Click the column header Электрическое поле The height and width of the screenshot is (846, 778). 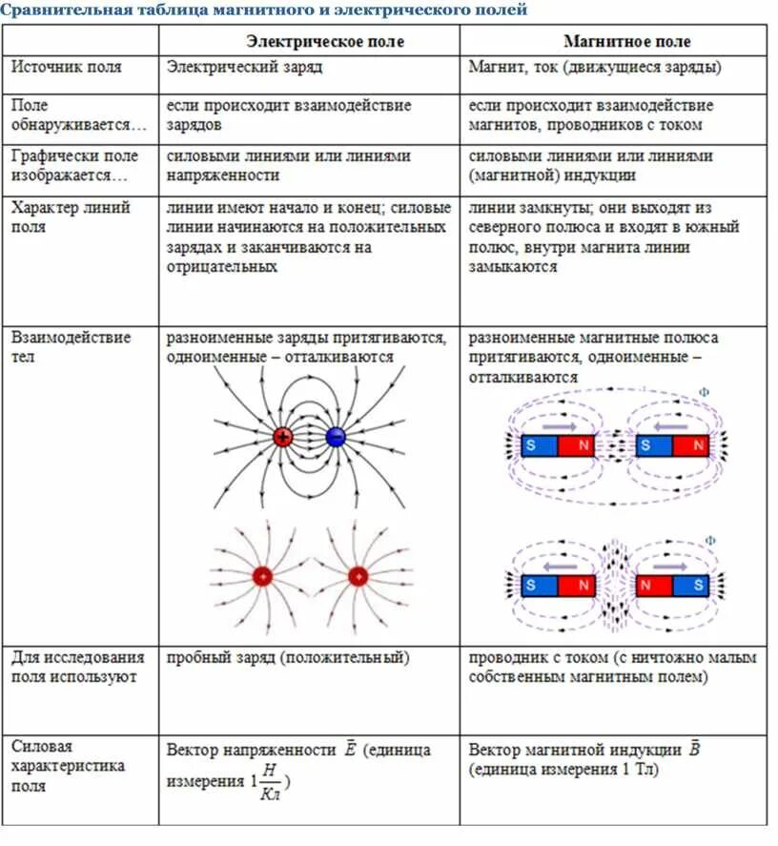tap(325, 42)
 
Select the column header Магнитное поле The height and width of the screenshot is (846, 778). tap(626, 42)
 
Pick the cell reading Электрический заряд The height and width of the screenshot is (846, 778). tap(244, 68)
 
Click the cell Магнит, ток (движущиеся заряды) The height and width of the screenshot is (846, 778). tap(595, 68)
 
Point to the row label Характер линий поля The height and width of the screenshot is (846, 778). tap(71, 217)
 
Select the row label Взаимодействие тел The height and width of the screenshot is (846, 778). tap(71, 347)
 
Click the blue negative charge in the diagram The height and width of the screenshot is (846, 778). tap(336, 437)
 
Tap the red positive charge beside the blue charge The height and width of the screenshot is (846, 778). tap(283, 437)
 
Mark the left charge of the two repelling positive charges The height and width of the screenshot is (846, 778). tap(261, 576)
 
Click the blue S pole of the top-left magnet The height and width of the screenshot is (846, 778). tap(540, 445)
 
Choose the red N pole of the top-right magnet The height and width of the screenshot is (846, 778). tap(697, 445)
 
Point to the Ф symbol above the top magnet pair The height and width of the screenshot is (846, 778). tap(705, 392)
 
